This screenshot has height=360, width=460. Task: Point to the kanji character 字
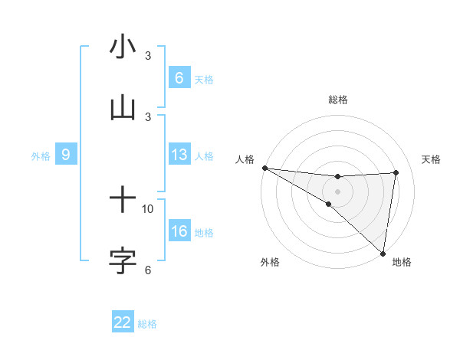123,260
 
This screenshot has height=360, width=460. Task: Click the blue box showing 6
179,77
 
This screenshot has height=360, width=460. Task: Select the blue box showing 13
179,155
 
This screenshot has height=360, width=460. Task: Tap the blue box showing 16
179,231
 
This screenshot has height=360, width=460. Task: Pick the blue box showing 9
66,155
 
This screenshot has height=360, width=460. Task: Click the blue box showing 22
123,322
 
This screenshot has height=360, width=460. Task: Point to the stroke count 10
148,208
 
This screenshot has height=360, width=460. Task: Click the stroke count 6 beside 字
148,270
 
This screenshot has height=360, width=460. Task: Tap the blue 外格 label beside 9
41,155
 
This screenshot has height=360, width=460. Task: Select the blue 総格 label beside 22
147,323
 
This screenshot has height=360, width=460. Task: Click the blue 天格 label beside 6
204,78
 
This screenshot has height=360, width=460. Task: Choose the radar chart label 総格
338,100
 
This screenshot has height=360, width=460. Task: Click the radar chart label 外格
270,262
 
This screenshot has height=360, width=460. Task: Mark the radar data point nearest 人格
264,167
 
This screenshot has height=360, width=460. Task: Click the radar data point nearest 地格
383,254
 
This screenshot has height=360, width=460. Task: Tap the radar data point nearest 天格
396,172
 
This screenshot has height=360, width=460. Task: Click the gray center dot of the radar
338,191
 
